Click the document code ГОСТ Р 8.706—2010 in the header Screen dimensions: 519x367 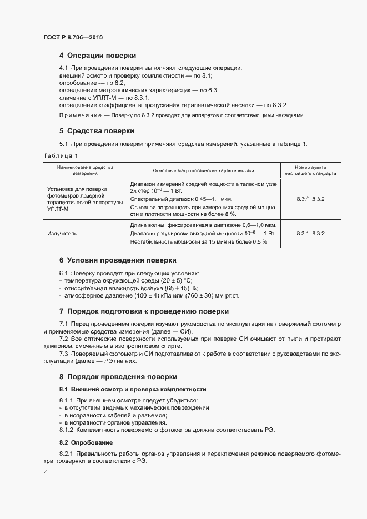pyautogui.click(x=73, y=37)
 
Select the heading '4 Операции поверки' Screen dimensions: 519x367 pyautogui.click(x=97, y=56)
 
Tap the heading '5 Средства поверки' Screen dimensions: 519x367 pyautogui.click(x=97, y=131)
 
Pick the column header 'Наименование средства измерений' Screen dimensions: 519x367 pyautogui.click(x=85, y=169)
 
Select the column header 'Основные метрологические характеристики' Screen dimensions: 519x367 pyautogui.click(x=203, y=169)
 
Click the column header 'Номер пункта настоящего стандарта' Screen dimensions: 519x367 pyautogui.click(x=310, y=169)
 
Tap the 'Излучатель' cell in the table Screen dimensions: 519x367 pyautogui.click(x=62, y=234)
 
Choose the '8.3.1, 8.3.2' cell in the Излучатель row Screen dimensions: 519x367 pyautogui.click(x=310, y=234)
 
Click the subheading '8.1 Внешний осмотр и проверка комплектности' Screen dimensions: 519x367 pyautogui.click(x=133, y=389)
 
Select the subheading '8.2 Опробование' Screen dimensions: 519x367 pyautogui.click(x=86, y=442)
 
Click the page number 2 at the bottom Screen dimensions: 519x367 pyautogui.click(x=44, y=472)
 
